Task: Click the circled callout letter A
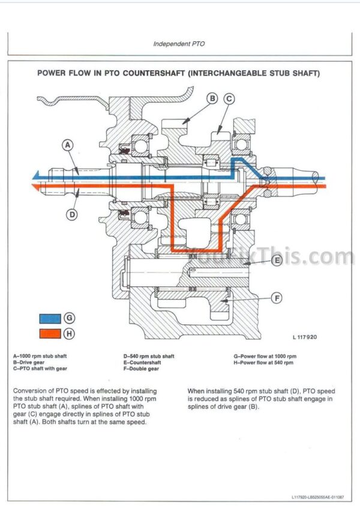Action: (x=68, y=145)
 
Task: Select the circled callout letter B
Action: (x=212, y=98)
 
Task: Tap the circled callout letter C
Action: (x=229, y=98)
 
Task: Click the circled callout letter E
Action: (x=277, y=261)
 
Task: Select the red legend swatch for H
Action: (x=50, y=333)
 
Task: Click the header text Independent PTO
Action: (x=179, y=44)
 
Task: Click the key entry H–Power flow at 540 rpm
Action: (x=263, y=363)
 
